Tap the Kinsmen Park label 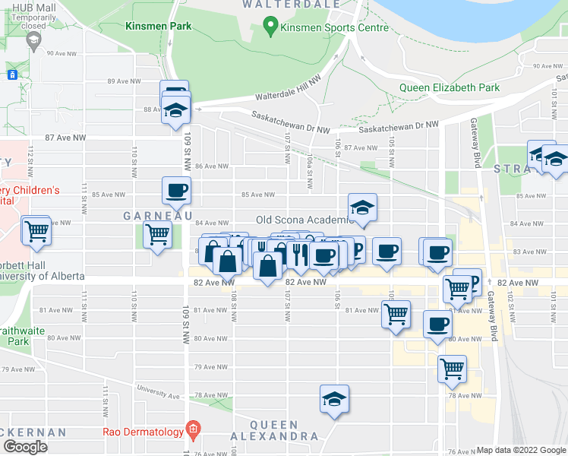tap(159, 26)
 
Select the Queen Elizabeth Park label tap(450, 87)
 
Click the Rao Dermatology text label tap(144, 432)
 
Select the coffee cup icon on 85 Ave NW tap(176, 191)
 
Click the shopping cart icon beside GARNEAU tap(157, 234)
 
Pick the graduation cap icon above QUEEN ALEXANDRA tap(335, 398)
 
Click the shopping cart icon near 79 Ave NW tap(453, 369)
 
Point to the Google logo tap(25, 447)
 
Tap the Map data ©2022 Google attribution tap(521, 450)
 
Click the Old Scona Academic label tap(303, 220)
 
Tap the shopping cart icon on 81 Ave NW tap(396, 312)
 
